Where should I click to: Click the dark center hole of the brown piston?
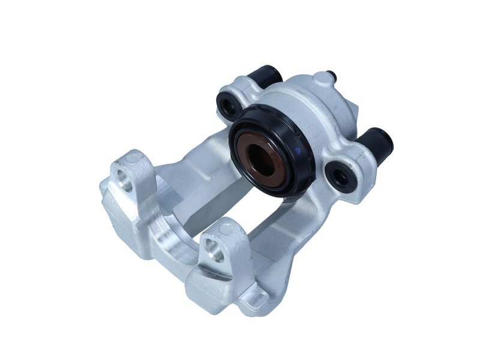[x=260, y=159]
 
